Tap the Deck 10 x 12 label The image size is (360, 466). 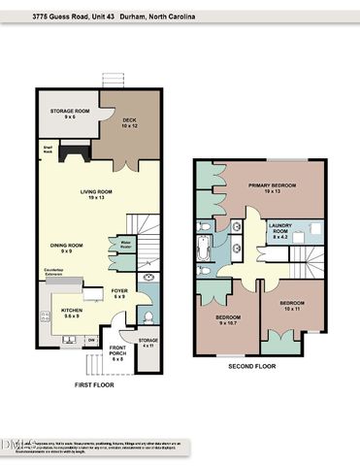(x=131, y=122)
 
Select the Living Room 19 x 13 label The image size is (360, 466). (x=96, y=194)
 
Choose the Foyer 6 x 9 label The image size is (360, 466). (x=119, y=293)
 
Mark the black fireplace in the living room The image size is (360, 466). (x=74, y=151)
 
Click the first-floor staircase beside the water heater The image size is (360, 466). (x=147, y=230)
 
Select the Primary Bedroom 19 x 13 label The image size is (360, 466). (x=272, y=188)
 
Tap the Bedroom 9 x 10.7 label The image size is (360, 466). (x=228, y=319)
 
